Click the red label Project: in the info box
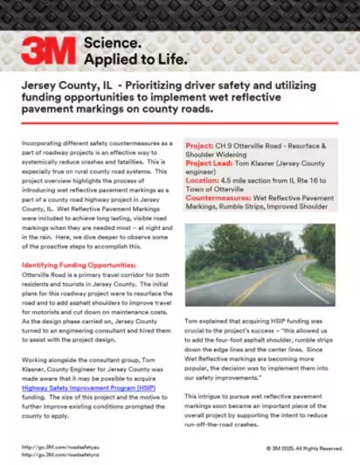(x=202, y=141)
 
